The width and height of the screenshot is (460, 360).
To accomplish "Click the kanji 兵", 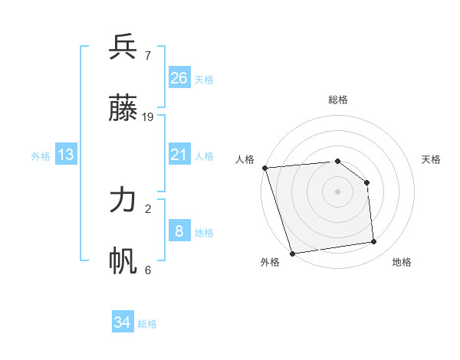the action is [x=123, y=47].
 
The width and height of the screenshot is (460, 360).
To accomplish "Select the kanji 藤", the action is [x=123, y=109].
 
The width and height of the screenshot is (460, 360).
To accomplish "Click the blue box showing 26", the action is [x=179, y=77].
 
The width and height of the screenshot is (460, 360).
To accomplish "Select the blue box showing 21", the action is [x=179, y=155].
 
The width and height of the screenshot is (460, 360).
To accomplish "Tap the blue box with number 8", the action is [x=179, y=231].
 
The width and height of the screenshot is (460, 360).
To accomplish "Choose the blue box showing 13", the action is [x=66, y=155].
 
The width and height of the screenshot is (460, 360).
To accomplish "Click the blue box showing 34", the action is [x=122, y=322].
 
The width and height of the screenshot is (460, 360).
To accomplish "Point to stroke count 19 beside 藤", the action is [x=148, y=116].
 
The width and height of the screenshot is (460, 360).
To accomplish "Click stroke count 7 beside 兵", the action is [x=147, y=56].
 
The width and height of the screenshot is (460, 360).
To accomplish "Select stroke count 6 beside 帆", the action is [x=147, y=270].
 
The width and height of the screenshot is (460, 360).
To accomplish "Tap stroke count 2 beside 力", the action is [x=147, y=208].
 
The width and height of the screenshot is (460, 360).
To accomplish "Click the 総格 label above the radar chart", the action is [x=337, y=100].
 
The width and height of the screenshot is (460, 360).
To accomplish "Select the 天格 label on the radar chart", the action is [x=431, y=159].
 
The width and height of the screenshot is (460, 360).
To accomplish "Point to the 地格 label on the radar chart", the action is [x=402, y=262].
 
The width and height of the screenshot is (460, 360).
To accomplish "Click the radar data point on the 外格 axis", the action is [x=292, y=253].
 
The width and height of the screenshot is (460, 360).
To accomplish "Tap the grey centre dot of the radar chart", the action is [x=337, y=191].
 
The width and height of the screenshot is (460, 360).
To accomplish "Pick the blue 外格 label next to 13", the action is [x=41, y=156].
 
